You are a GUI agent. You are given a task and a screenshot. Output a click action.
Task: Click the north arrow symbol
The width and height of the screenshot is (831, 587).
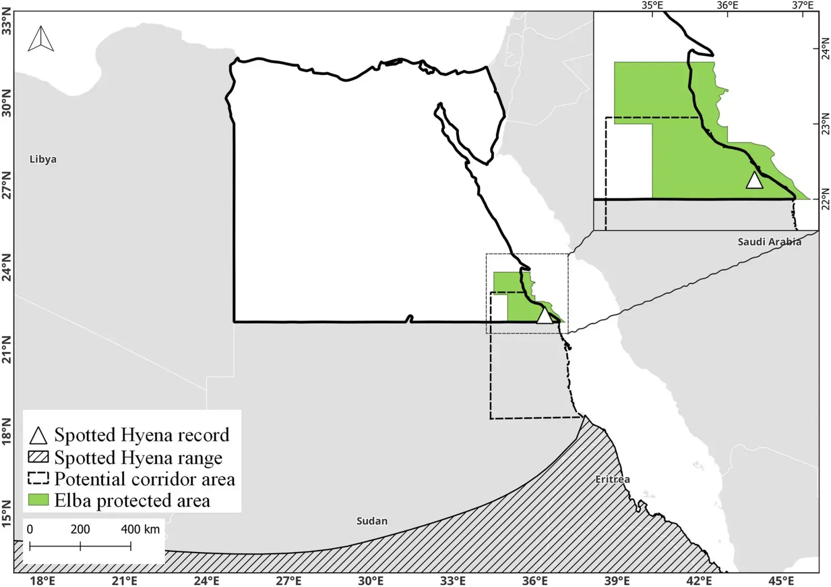tap(41, 38)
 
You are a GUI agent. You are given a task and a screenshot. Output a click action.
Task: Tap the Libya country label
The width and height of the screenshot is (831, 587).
tap(43, 159)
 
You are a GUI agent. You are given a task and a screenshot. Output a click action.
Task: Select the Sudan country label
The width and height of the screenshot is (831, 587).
tap(372, 520)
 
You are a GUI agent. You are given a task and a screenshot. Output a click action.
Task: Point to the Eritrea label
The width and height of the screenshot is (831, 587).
tap(612, 479)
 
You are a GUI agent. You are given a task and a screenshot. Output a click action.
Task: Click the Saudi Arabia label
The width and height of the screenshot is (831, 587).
tap(769, 242)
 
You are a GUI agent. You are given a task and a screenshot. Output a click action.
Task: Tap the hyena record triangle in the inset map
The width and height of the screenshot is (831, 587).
tap(754, 180)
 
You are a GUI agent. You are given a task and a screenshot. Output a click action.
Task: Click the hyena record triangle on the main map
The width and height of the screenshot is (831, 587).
tap(544, 316)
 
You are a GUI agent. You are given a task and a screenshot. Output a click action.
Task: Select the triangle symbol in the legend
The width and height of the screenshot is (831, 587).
tap(38, 435)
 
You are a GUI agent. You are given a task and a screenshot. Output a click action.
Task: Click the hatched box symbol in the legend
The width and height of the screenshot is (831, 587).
tap(38, 457)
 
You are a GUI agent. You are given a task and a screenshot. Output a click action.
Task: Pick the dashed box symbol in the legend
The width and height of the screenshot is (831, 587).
tap(38, 478)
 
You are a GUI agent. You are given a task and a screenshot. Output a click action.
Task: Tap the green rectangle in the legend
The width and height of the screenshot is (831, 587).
tap(38, 500)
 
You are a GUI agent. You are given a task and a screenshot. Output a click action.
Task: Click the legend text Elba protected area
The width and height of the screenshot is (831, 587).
tap(132, 500)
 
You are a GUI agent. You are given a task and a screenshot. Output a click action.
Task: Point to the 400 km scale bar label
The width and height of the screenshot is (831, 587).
tap(140, 529)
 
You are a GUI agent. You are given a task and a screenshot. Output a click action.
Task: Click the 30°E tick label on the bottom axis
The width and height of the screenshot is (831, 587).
tap(371, 580)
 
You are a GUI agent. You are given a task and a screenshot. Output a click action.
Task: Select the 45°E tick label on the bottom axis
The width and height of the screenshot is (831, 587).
tap(781, 580)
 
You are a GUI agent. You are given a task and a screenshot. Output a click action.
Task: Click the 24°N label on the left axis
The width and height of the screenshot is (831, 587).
tap(6, 267)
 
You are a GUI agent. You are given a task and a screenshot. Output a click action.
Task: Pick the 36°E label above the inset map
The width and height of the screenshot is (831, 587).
tap(727, 5)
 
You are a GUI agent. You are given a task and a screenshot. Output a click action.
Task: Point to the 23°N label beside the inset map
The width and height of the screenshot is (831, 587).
tap(825, 124)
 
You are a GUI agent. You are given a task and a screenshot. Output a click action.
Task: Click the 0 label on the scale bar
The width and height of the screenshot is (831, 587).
tap(30, 529)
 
